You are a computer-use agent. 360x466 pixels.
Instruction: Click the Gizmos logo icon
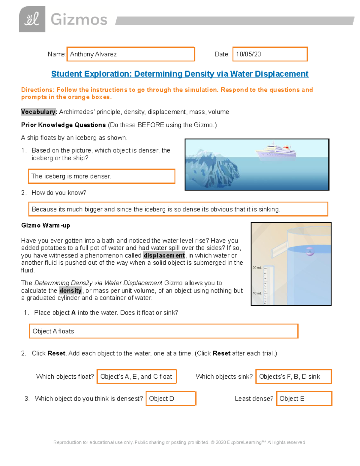coord(32,19)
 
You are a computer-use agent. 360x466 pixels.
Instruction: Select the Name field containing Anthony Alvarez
coord(131,54)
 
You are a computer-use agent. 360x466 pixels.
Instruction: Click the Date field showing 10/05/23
coord(270,54)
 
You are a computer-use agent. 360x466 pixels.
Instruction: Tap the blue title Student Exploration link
coord(180,74)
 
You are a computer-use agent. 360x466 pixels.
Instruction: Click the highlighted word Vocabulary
coord(39,112)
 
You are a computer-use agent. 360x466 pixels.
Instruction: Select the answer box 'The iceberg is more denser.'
coord(101,176)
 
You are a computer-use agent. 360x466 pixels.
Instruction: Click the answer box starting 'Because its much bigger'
coord(178,209)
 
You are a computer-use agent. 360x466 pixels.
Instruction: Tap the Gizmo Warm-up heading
coord(46,225)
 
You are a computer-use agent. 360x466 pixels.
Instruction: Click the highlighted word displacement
coord(164,255)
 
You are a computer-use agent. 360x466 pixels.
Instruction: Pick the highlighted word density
coord(70,290)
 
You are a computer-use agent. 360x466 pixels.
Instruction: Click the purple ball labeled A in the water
coord(310,251)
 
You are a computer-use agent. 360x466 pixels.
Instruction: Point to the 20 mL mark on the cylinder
coord(257,268)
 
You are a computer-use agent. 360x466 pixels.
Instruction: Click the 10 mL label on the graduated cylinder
coord(257,293)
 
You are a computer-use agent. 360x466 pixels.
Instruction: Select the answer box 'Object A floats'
coord(164,331)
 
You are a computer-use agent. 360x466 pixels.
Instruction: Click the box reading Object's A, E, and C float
coord(137,377)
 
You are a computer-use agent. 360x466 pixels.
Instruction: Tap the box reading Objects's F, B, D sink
coord(293,377)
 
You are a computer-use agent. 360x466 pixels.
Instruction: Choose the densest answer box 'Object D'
coord(171,398)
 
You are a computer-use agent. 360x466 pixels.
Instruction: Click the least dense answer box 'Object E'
coord(304,398)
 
